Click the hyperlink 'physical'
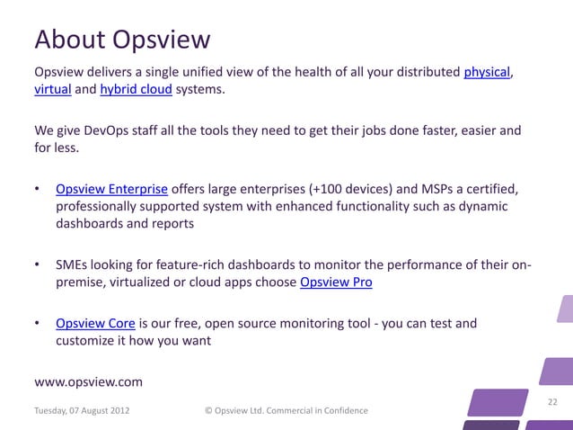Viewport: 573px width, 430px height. point(487,72)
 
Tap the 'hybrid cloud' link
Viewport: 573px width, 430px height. point(136,91)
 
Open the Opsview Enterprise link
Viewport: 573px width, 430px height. point(111,189)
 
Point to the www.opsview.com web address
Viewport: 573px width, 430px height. point(87,381)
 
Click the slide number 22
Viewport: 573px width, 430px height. point(552,401)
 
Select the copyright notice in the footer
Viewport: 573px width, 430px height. point(286,410)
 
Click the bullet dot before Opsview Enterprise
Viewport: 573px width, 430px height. point(38,189)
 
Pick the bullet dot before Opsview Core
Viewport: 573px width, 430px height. point(38,323)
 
